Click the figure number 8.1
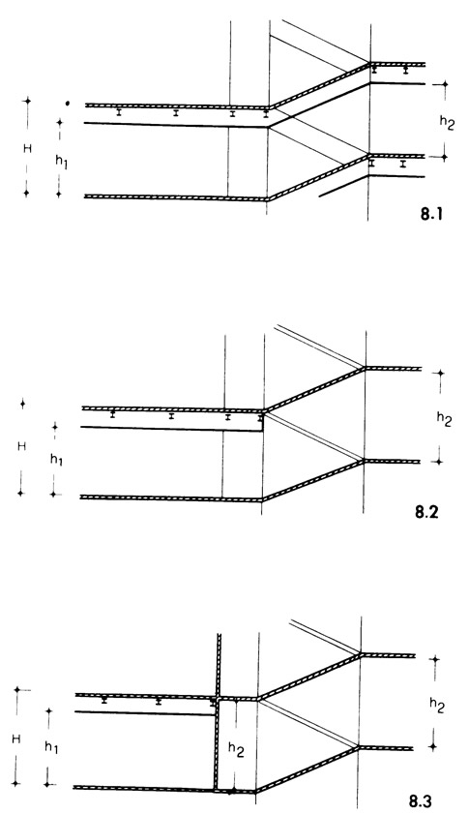click(431, 214)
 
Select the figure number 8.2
click(427, 512)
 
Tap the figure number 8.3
click(421, 801)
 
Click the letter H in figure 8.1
click(27, 149)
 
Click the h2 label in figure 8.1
click(446, 123)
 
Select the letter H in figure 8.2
click(21, 446)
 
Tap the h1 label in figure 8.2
click(56, 459)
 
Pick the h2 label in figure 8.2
click(444, 418)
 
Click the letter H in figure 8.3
click(16, 739)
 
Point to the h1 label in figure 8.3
click(51, 747)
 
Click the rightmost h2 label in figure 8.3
click(437, 705)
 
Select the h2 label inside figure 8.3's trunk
click(236, 749)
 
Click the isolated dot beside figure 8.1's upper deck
click(67, 104)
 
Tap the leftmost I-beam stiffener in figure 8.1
click(119, 111)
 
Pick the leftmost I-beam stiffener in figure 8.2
click(112, 414)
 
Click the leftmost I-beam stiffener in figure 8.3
click(104, 701)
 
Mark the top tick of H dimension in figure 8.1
click(27, 101)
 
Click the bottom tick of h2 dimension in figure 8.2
click(439, 462)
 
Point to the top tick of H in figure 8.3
click(17, 690)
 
